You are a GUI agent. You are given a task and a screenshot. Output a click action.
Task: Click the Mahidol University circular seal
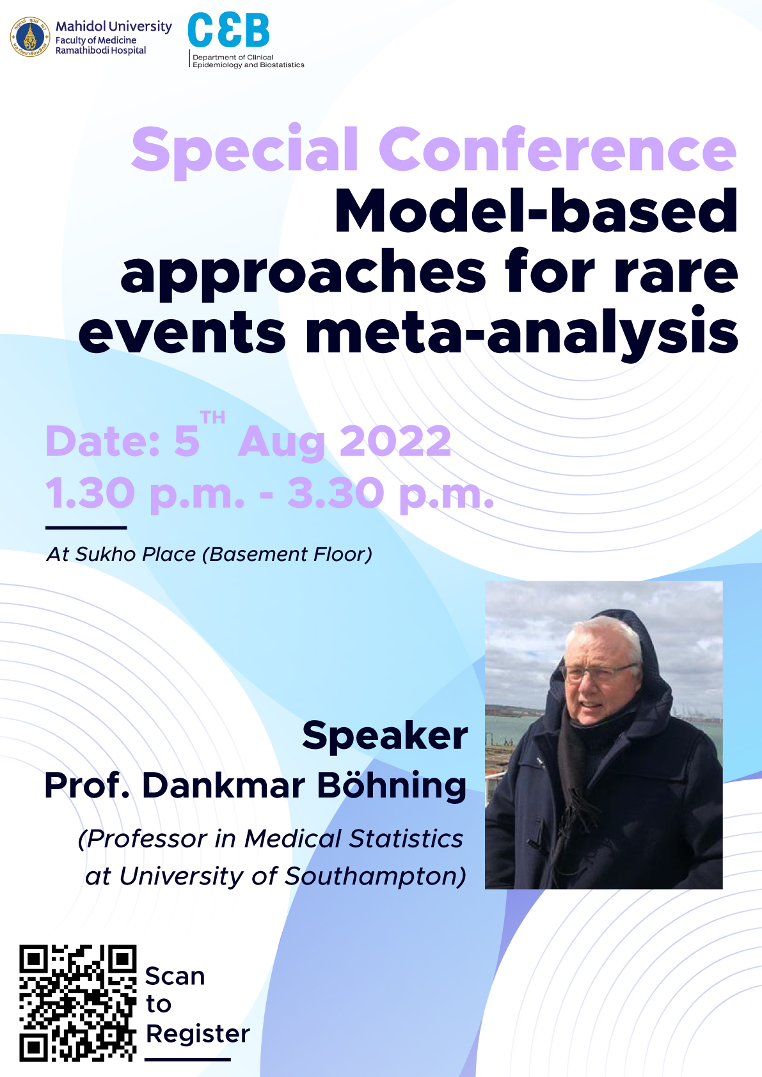coord(30,37)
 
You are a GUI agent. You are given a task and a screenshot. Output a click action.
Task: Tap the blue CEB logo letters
coord(228,30)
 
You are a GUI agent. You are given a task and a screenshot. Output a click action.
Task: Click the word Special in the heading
coord(245,151)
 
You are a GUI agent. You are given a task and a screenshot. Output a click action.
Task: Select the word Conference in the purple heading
coord(558,148)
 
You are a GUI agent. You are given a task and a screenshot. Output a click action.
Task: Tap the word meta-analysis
coord(521,332)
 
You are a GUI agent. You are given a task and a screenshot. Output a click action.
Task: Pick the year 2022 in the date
coord(395,441)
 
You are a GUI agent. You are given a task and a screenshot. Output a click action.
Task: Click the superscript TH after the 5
coord(212,418)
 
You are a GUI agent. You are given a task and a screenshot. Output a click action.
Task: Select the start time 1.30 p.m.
coord(145,493)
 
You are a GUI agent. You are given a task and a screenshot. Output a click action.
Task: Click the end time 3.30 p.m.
coord(391,493)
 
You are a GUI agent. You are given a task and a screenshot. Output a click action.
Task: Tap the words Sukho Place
coord(136,554)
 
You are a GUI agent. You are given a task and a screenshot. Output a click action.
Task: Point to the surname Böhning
coord(392,785)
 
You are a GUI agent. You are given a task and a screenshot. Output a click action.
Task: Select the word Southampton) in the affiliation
coord(376,877)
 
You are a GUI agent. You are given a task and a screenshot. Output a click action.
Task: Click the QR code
coord(78,1003)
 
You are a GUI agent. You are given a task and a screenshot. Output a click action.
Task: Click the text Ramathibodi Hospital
coord(100,51)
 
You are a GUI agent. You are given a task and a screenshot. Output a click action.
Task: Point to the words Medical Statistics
coord(354,838)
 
